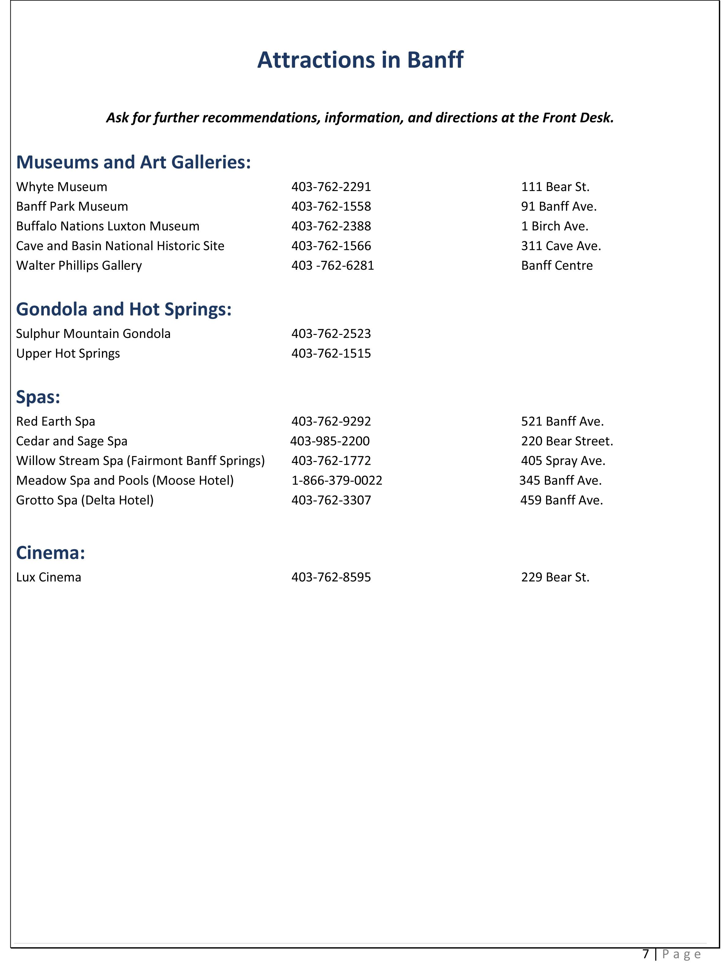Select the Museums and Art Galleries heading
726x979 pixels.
click(133, 162)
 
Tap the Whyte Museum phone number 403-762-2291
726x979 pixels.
click(331, 187)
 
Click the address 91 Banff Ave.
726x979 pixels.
click(559, 207)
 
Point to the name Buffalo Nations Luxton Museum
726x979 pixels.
click(108, 227)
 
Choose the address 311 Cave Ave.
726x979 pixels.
click(561, 246)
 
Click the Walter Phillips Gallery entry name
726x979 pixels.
click(79, 265)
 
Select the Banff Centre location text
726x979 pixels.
click(557, 265)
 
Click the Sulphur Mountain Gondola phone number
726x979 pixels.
click(331, 334)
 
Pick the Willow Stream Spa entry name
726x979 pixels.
click(140, 461)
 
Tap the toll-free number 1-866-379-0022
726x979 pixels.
click(337, 481)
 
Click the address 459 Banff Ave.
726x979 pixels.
click(561, 500)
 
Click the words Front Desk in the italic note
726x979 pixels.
click(578, 118)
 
